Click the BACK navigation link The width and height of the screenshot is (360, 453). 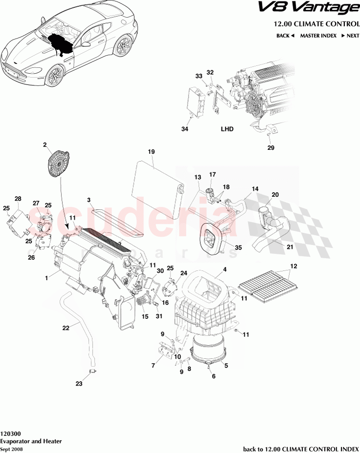tap(285, 36)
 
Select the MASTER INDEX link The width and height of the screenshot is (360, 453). tap(317, 36)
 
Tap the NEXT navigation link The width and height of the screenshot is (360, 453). tap(350, 36)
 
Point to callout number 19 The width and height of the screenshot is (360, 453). tap(151, 152)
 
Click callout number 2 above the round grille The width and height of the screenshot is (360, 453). tap(45, 144)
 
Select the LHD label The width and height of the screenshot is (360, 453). tap(227, 129)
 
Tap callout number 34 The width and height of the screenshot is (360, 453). tap(184, 129)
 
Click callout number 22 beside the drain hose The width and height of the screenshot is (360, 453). tap(66, 328)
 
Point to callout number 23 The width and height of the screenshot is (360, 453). tap(79, 384)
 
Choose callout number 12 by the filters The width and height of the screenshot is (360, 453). tap(294, 266)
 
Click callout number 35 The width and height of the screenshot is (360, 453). tap(238, 247)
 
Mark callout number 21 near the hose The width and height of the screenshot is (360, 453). tap(290, 247)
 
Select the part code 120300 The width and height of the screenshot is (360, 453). tap(10, 433)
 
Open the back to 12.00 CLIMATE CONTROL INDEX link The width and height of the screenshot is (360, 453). tap(300, 449)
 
